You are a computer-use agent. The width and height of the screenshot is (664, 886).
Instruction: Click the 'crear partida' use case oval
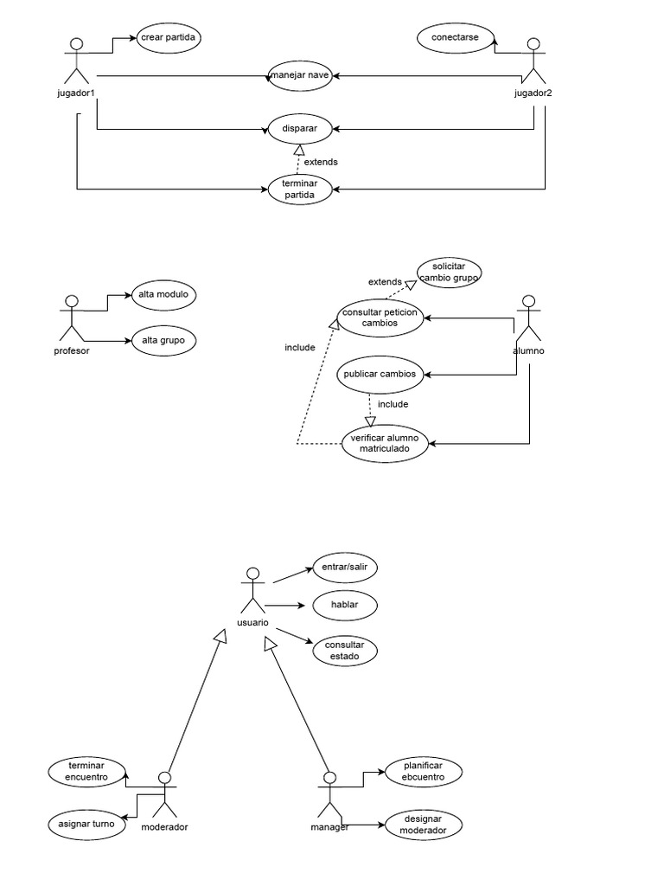pyautogui.click(x=169, y=38)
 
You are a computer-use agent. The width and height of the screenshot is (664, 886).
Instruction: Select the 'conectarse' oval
pyautogui.click(x=456, y=38)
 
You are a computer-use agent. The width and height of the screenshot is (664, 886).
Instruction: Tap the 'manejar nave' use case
pyautogui.click(x=299, y=76)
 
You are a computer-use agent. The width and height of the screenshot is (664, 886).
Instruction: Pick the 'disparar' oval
pyautogui.click(x=299, y=129)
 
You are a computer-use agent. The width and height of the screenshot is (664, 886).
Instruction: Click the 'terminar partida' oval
pyautogui.click(x=299, y=188)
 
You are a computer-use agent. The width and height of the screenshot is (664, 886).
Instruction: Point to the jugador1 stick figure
pyautogui.click(x=77, y=60)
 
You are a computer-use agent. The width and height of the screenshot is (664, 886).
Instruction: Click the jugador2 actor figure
pyautogui.click(x=534, y=60)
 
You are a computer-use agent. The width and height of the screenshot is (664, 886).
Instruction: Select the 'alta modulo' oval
pyautogui.click(x=163, y=295)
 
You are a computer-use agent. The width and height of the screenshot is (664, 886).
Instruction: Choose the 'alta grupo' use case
pyautogui.click(x=163, y=340)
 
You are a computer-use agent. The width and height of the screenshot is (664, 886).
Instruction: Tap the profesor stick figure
pyautogui.click(x=72, y=319)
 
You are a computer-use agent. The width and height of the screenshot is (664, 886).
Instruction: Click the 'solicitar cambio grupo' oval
pyautogui.click(x=449, y=272)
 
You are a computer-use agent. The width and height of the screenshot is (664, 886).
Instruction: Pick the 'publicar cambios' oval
pyautogui.click(x=380, y=375)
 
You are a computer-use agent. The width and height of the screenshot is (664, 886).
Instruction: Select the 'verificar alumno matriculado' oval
pyautogui.click(x=384, y=444)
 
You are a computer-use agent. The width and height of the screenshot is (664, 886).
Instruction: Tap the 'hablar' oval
pyautogui.click(x=344, y=605)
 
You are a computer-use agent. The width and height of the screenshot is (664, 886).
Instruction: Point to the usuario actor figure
pyautogui.click(x=252, y=591)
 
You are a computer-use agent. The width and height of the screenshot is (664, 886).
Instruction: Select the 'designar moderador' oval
pyautogui.click(x=422, y=825)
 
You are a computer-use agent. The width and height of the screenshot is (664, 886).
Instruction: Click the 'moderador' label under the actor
pyautogui.click(x=164, y=827)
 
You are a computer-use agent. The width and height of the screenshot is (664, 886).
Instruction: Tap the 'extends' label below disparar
pyautogui.click(x=321, y=162)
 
